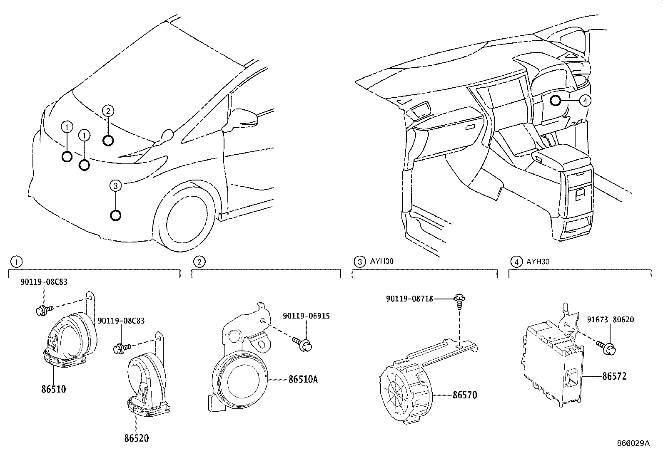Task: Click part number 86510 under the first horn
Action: (54, 390)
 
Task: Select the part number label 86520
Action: (136, 438)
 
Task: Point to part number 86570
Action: (465, 395)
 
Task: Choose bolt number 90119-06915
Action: (306, 316)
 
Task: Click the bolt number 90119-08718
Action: (409, 299)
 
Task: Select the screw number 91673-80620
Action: (611, 320)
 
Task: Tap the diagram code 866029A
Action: (633, 443)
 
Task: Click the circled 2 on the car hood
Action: (108, 111)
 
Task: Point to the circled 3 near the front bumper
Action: (116, 186)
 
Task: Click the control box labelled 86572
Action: (550, 366)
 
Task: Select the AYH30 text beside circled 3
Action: (381, 262)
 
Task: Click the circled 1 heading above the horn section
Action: (16, 262)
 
